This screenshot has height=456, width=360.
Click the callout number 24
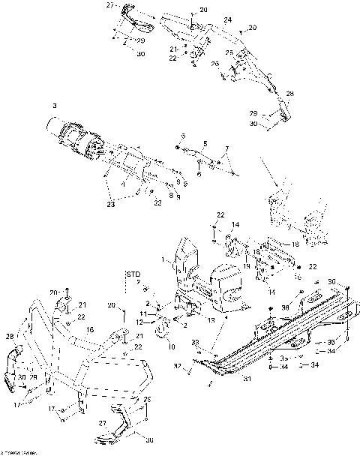(227, 19)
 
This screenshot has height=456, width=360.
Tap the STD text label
(133, 274)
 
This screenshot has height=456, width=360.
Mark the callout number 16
(91, 329)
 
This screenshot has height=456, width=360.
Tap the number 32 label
(178, 367)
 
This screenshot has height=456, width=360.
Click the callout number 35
(331, 341)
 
